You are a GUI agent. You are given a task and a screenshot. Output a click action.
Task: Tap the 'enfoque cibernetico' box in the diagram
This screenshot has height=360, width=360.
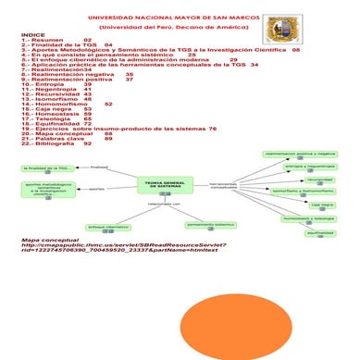(x=108, y=227)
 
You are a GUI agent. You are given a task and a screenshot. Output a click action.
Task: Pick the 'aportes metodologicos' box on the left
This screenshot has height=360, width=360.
(x=44, y=190)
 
